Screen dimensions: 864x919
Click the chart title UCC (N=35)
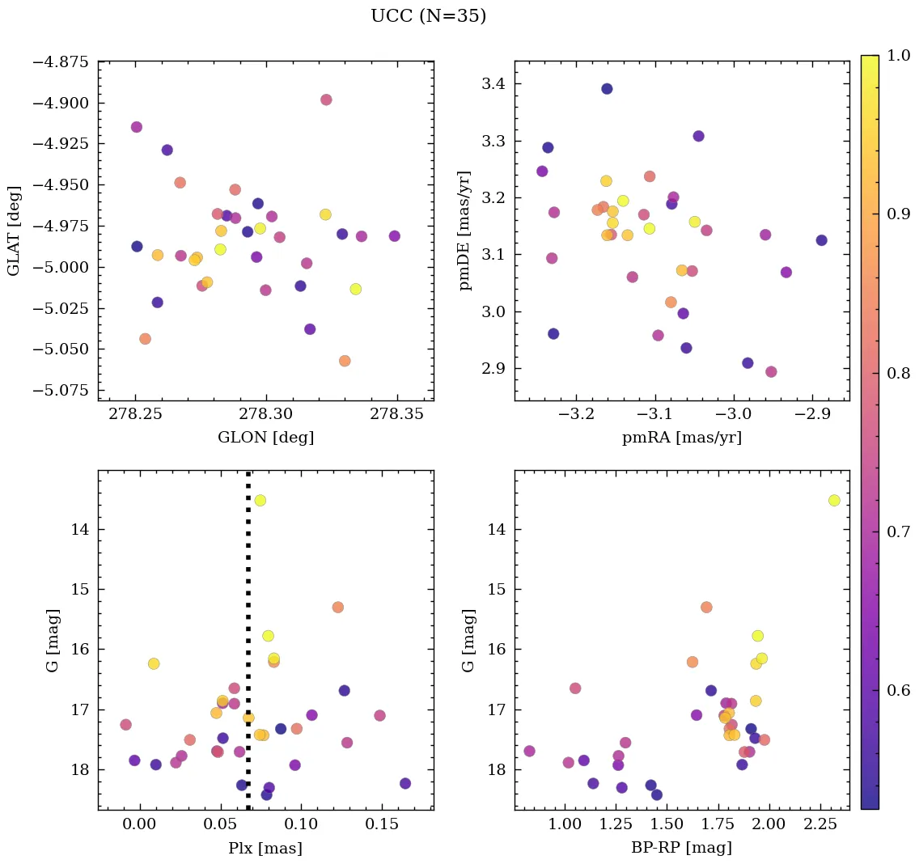point(428,16)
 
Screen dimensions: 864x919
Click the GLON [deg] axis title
point(265,438)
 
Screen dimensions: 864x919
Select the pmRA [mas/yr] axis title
point(681,438)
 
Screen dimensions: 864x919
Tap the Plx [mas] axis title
point(265,848)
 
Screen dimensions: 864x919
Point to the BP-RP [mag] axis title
point(681,848)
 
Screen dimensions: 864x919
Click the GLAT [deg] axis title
point(14,231)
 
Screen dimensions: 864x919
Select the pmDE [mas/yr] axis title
point(464,231)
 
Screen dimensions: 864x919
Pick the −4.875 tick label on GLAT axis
point(61,61)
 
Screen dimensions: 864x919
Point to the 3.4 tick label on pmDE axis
point(494,84)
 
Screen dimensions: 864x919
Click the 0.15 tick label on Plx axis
point(380,824)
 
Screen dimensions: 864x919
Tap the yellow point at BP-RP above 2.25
point(834,501)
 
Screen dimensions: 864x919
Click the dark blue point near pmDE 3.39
point(607,89)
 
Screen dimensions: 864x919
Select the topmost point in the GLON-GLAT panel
point(326,100)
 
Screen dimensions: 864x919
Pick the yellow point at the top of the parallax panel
point(260,501)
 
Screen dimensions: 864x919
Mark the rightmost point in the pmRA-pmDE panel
point(821,240)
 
